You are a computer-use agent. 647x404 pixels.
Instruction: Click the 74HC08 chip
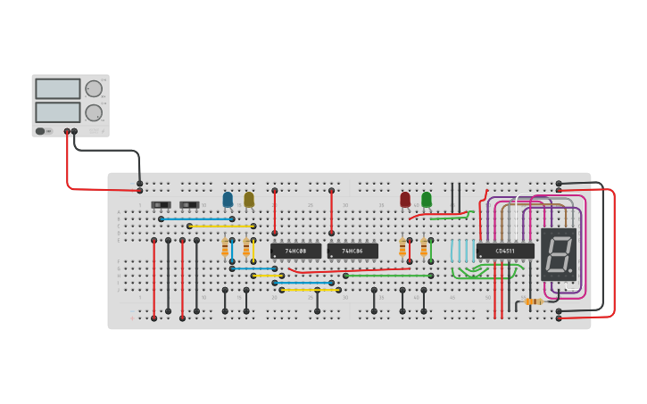point(295,251)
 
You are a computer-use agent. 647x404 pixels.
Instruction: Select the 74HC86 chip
point(353,251)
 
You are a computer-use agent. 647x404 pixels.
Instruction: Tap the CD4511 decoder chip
point(505,251)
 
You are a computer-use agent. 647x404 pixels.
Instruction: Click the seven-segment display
point(559,254)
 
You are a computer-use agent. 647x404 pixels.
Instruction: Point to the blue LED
point(228,199)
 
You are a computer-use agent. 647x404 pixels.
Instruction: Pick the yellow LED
point(249,199)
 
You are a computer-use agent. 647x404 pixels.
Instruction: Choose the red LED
point(405,199)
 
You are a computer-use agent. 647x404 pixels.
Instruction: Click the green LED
point(427,199)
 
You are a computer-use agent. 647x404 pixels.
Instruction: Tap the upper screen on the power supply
point(58,88)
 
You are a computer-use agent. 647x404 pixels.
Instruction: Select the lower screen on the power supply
point(58,111)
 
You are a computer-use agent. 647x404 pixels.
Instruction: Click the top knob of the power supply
point(94,88)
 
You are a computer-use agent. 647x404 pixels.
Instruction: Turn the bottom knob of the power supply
point(94,112)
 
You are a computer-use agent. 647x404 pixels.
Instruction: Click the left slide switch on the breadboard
point(161,205)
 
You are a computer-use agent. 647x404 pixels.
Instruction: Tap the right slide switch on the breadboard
point(189,205)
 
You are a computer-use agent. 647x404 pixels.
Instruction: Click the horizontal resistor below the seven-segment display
point(533,301)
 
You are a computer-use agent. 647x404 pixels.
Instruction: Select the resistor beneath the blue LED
point(225,247)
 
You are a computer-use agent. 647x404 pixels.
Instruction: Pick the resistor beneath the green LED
point(424,247)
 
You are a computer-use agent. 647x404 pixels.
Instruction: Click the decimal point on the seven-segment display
point(573,269)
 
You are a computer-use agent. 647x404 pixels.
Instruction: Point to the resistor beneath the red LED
point(402,247)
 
